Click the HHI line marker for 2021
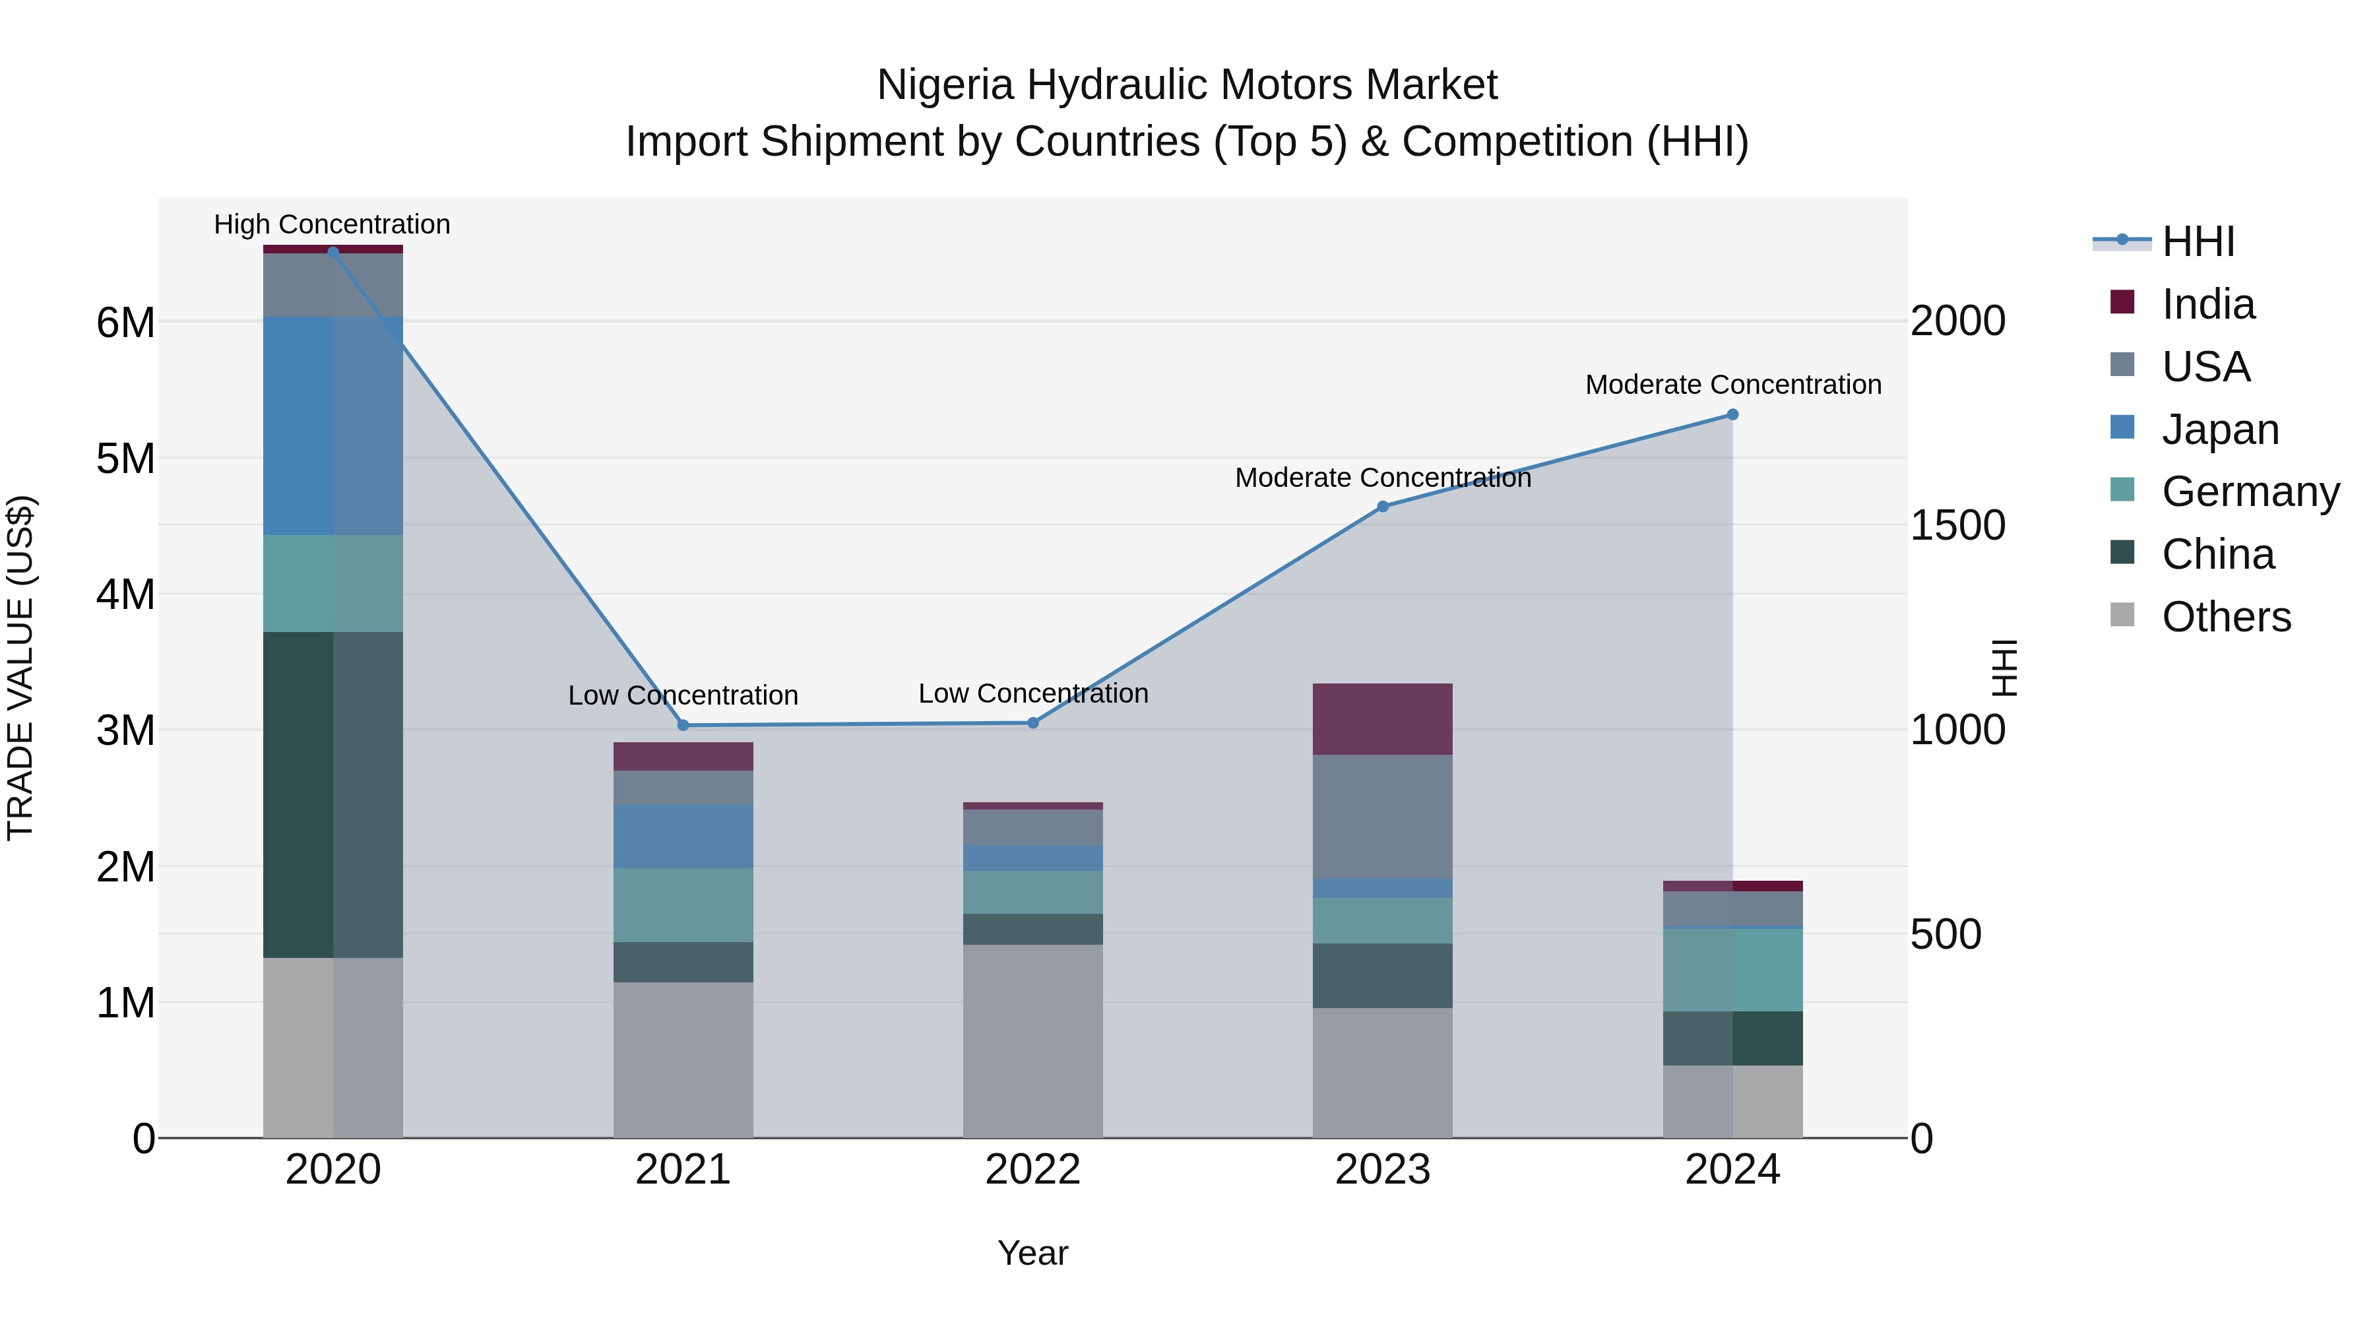click(683, 726)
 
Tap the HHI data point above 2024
click(1732, 415)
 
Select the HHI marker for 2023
click(1383, 506)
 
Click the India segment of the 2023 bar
click(1383, 719)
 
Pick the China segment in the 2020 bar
click(333, 795)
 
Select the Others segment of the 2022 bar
click(1032, 1041)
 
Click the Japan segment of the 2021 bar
click(683, 835)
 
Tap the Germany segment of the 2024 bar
click(1732, 969)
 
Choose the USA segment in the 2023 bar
click(1383, 816)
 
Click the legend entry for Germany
click(2250, 492)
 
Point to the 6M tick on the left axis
click(125, 323)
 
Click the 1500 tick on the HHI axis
click(1957, 526)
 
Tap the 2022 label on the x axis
click(1032, 1170)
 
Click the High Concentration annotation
click(332, 224)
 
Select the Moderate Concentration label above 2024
click(1732, 385)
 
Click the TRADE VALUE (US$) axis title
click(20, 668)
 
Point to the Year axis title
click(1032, 1253)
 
